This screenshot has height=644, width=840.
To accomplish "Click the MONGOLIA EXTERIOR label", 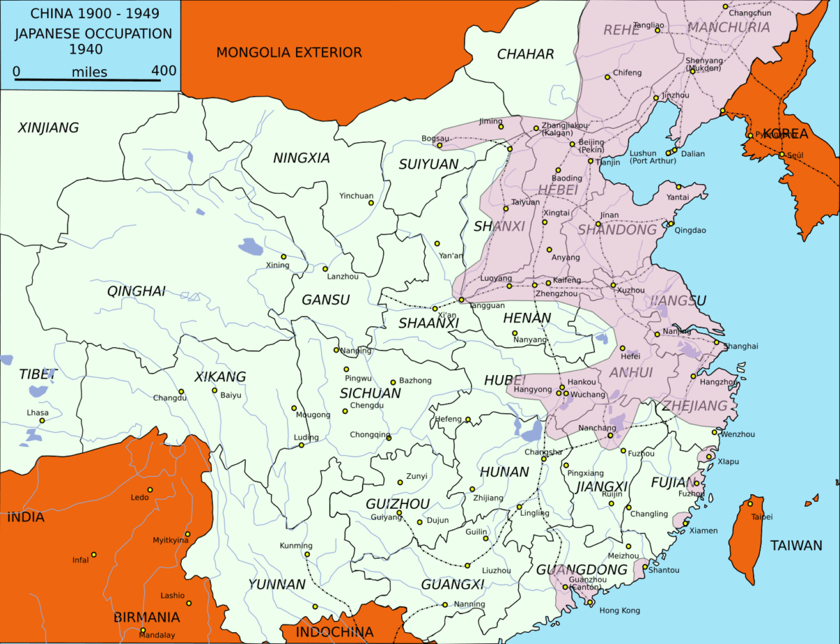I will [x=288, y=52].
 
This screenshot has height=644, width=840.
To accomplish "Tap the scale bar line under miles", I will [x=94, y=79].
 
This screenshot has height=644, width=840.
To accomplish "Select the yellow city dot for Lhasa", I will [x=42, y=421].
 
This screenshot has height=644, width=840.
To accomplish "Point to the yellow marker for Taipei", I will [x=751, y=503].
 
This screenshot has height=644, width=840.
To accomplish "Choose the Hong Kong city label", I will [x=619, y=610].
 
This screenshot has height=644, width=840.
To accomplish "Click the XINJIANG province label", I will [x=48, y=128].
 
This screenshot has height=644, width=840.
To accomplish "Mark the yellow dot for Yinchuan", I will [x=371, y=203].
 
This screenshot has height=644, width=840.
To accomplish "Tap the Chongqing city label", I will [x=369, y=435].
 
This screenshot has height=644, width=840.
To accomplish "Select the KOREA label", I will [x=785, y=134].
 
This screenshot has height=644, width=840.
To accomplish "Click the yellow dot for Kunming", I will [x=307, y=555].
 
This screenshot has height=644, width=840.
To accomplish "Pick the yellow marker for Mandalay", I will [x=143, y=630].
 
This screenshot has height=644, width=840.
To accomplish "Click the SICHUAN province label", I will [x=370, y=393].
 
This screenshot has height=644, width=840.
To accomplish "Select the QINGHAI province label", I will [x=136, y=291].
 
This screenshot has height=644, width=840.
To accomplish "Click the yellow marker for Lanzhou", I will [x=325, y=269].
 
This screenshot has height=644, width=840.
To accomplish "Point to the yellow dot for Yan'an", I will [x=437, y=244].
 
